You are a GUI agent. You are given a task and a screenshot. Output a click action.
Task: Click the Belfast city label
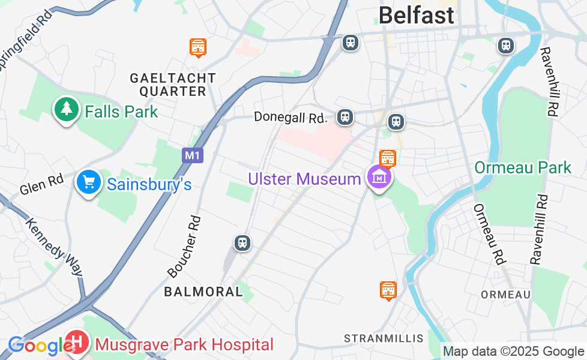pyautogui.click(x=416, y=15)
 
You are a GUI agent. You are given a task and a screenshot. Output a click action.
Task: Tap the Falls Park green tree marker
pyautogui.click(x=67, y=109)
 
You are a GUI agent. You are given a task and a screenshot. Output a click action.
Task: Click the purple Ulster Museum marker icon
pyautogui.click(x=380, y=178)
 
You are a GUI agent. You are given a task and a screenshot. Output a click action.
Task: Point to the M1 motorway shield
pyautogui.click(x=192, y=155)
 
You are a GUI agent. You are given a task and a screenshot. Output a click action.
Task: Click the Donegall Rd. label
pyautogui.click(x=290, y=117)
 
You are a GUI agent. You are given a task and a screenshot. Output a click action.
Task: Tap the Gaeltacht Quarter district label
pyautogui.click(x=173, y=85)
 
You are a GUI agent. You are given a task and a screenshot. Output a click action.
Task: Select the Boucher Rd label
pyautogui.click(x=184, y=247)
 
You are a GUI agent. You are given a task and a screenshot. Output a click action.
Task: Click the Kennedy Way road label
pyautogui.click(x=53, y=247)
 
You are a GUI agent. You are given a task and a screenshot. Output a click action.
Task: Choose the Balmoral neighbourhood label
pyautogui.click(x=203, y=292)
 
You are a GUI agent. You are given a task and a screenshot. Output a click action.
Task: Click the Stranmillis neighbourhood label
pyautogui.click(x=384, y=338)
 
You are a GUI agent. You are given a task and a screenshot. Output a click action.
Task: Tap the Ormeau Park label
pyautogui.click(x=523, y=167)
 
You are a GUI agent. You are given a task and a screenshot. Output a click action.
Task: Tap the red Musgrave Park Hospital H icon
pyautogui.click(x=77, y=343)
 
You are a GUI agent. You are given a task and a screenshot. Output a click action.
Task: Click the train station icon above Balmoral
pyautogui.click(x=242, y=243)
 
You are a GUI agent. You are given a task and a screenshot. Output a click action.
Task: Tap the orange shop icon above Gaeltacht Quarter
pyautogui.click(x=198, y=47)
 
